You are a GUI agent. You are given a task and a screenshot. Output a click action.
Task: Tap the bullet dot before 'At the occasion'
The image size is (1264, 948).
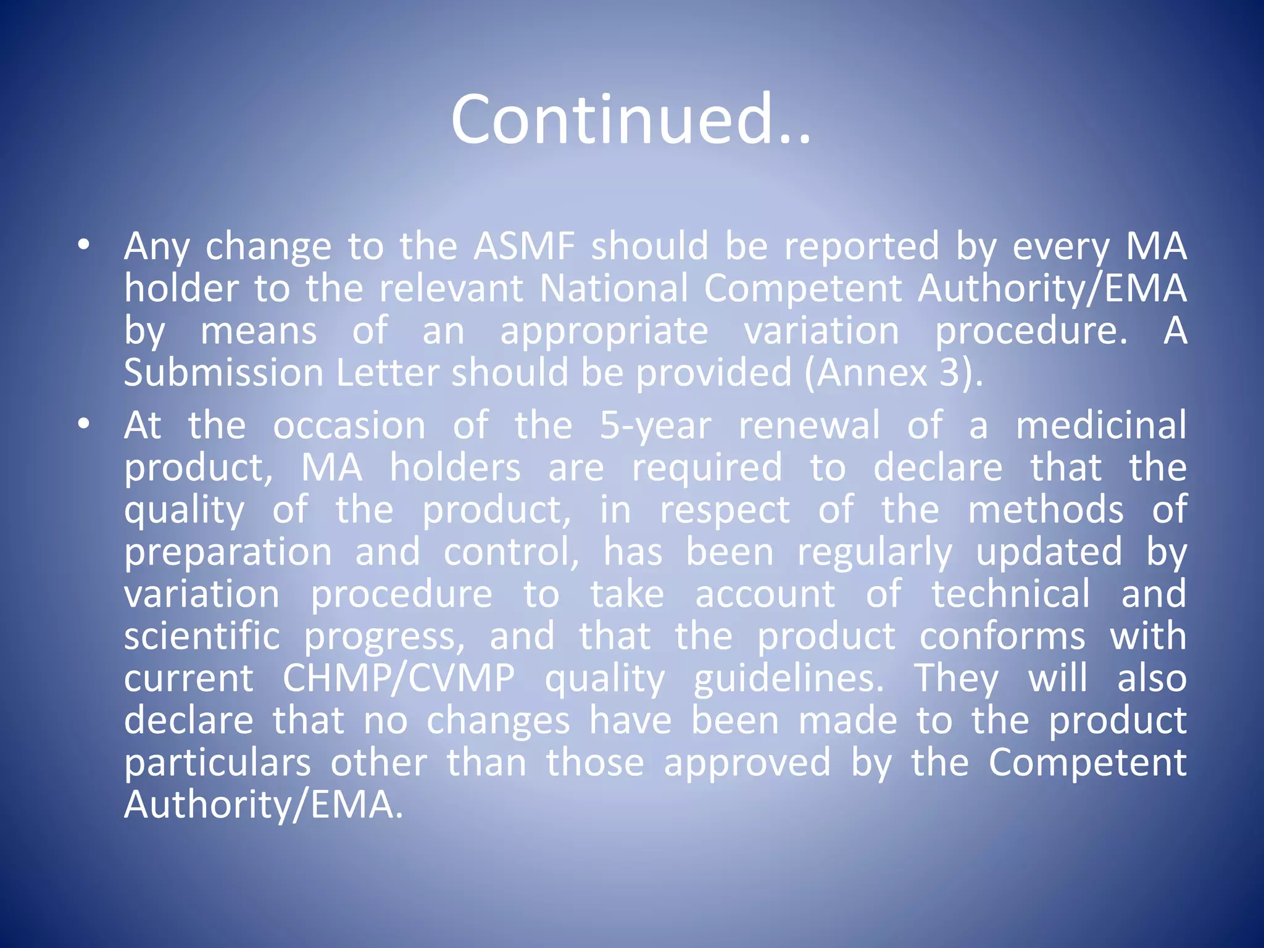tap(84, 425)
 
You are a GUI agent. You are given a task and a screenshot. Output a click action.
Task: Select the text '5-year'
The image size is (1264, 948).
tap(655, 426)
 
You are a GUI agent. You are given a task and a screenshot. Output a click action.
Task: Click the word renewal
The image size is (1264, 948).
tap(809, 425)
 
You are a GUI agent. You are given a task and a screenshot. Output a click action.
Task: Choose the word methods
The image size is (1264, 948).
tap(1046, 510)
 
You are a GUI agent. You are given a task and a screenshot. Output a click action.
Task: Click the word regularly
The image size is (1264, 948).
tap(875, 552)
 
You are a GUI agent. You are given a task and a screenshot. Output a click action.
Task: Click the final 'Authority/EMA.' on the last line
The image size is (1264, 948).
tap(264, 805)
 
